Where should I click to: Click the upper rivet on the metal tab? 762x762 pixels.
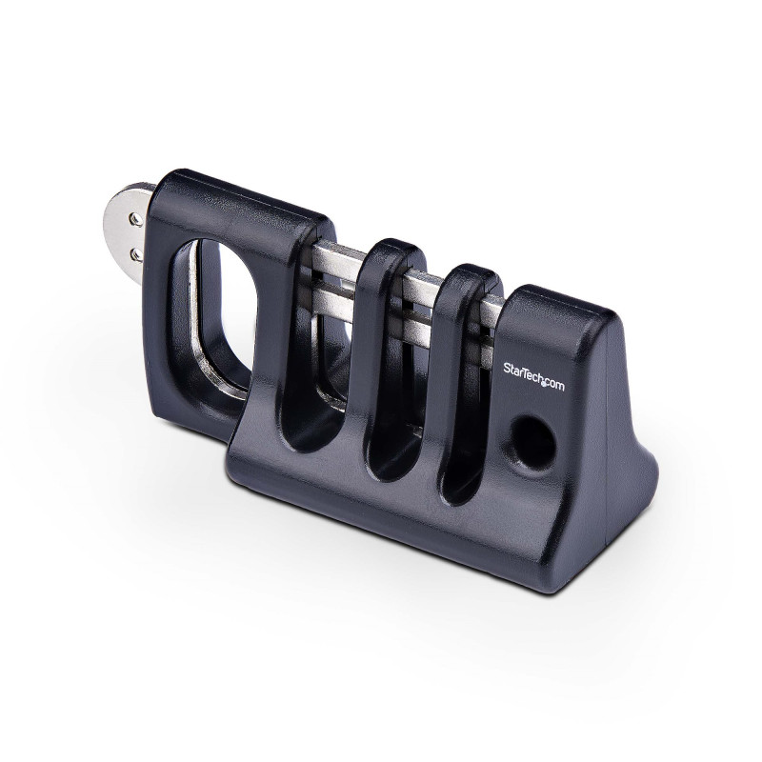point(136,220)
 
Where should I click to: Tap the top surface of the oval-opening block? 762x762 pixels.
point(248,195)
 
